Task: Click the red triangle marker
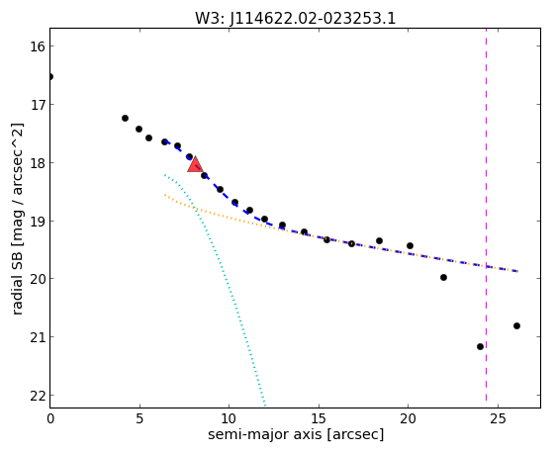pyautogui.click(x=195, y=164)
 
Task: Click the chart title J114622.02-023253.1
pyautogui.click(x=295, y=19)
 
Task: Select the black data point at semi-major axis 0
pyautogui.click(x=50, y=76)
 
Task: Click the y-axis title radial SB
pyautogui.click(x=17, y=219)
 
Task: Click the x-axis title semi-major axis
pyautogui.click(x=296, y=434)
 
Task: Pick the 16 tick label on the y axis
pyautogui.click(x=37, y=46)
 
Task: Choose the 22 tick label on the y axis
pyautogui.click(x=37, y=396)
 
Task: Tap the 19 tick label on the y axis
pyautogui.click(x=37, y=222)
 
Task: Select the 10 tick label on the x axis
pyautogui.click(x=229, y=418)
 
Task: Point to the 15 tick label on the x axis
pyautogui.click(x=319, y=418)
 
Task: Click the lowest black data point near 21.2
pyautogui.click(x=480, y=347)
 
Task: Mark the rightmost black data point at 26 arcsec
pyautogui.click(x=516, y=326)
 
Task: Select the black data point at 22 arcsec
pyautogui.click(x=443, y=278)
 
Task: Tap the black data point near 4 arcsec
pyautogui.click(x=125, y=118)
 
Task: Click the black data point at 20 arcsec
pyautogui.click(x=410, y=246)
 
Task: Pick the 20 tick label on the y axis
pyautogui.click(x=37, y=279)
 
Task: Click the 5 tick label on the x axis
pyautogui.click(x=139, y=418)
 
